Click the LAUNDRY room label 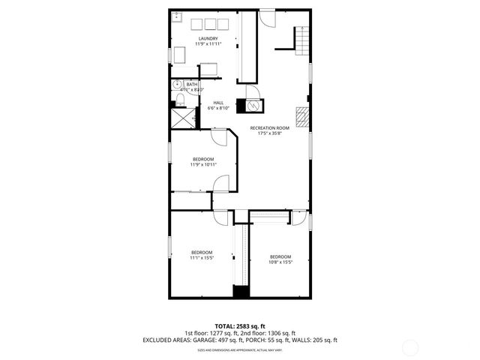coord(208,38)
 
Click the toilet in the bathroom coord(181,100)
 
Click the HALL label coord(218,103)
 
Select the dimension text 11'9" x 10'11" coord(203,165)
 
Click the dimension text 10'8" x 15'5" coord(280,262)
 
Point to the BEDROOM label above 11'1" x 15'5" coord(201,252)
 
